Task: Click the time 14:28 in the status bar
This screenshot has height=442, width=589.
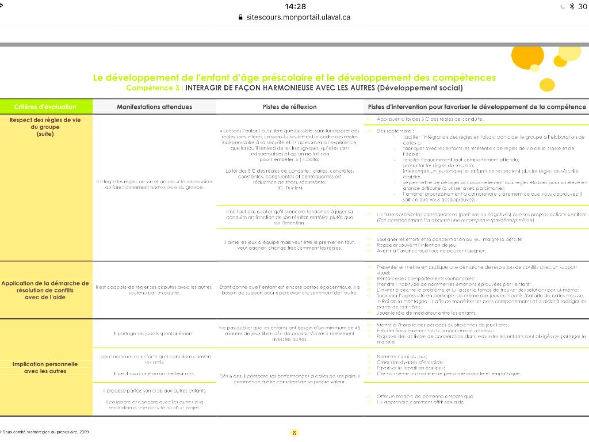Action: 295,6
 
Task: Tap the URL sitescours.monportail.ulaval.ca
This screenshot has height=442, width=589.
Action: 298,17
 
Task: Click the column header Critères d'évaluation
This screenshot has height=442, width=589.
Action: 45,106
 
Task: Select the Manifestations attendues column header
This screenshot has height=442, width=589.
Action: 154,106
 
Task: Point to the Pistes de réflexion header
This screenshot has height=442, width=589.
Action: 290,106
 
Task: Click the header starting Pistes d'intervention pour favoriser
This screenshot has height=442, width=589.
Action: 477,106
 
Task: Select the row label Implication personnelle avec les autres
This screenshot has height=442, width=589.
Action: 45,367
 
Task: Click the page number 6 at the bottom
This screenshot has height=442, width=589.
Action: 294,433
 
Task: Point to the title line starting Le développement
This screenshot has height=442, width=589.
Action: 294,78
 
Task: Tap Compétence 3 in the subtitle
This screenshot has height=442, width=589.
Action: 152,88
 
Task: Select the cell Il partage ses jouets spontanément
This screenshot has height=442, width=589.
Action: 154,333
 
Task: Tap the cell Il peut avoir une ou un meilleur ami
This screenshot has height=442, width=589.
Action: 154,374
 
